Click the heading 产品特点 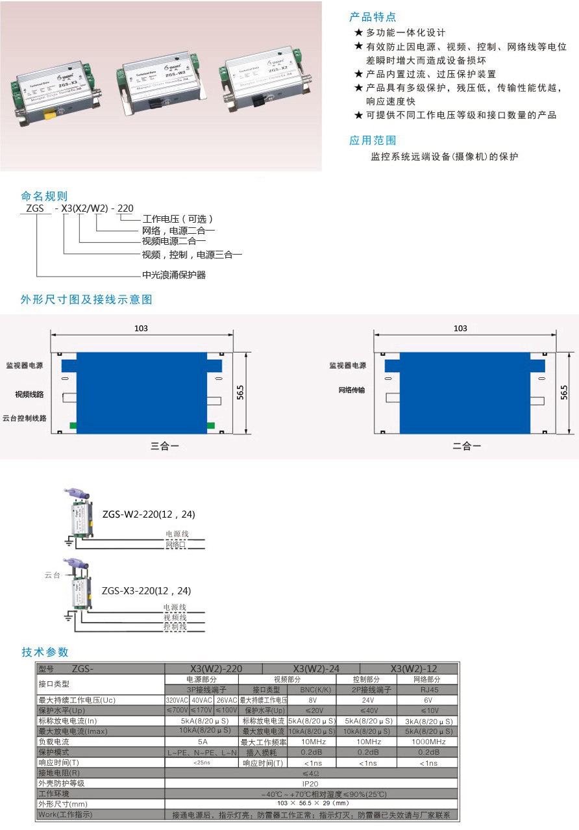click(373, 17)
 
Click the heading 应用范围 click(373, 140)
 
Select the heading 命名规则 click(44, 196)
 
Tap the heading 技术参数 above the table click(45, 652)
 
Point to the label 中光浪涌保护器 click(174, 275)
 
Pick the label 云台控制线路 click(25, 419)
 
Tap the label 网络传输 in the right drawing click(352, 390)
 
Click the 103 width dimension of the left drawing click(141, 329)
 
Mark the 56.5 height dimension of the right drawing click(564, 394)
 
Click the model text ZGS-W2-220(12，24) click(149, 514)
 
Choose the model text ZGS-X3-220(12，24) click(147, 591)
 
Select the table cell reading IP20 click(312, 783)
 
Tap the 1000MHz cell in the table click(428, 742)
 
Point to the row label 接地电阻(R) click(59, 773)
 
